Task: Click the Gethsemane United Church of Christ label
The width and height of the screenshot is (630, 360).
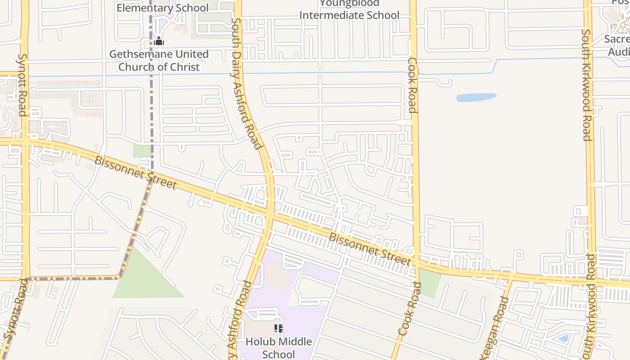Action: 159,61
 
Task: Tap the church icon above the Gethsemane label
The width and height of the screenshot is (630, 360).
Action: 158,41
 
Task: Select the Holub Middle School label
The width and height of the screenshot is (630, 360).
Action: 278,348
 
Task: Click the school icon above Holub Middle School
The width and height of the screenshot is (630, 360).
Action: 278,328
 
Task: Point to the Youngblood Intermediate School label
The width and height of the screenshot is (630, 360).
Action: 349,10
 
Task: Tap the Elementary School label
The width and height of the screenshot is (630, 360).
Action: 162,8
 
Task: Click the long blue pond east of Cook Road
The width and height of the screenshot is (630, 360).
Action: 476,97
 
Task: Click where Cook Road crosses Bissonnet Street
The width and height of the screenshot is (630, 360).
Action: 416,262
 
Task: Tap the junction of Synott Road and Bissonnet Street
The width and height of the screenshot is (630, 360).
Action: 25,141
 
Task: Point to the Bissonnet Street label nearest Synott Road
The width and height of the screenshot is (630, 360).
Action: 135,172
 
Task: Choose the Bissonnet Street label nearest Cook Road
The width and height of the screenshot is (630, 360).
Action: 370,249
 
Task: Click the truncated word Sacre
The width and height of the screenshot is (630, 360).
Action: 616,39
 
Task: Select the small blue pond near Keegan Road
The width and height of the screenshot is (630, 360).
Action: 563,338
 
